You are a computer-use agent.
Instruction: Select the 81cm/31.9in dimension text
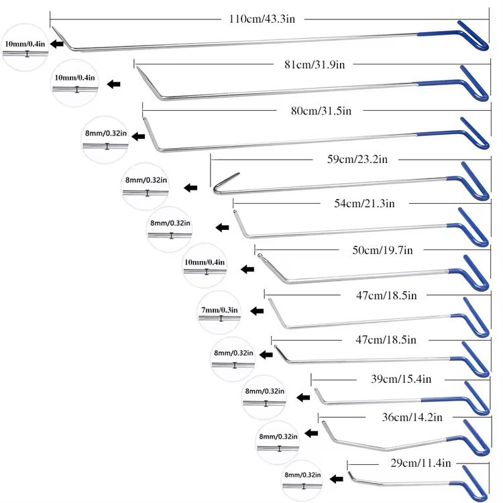pos(314,65)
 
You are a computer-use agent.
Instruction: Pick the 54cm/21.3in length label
pos(359,203)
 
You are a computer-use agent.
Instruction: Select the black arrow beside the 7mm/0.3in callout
pos(256,311)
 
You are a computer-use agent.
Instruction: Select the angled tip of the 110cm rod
pos(59,35)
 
